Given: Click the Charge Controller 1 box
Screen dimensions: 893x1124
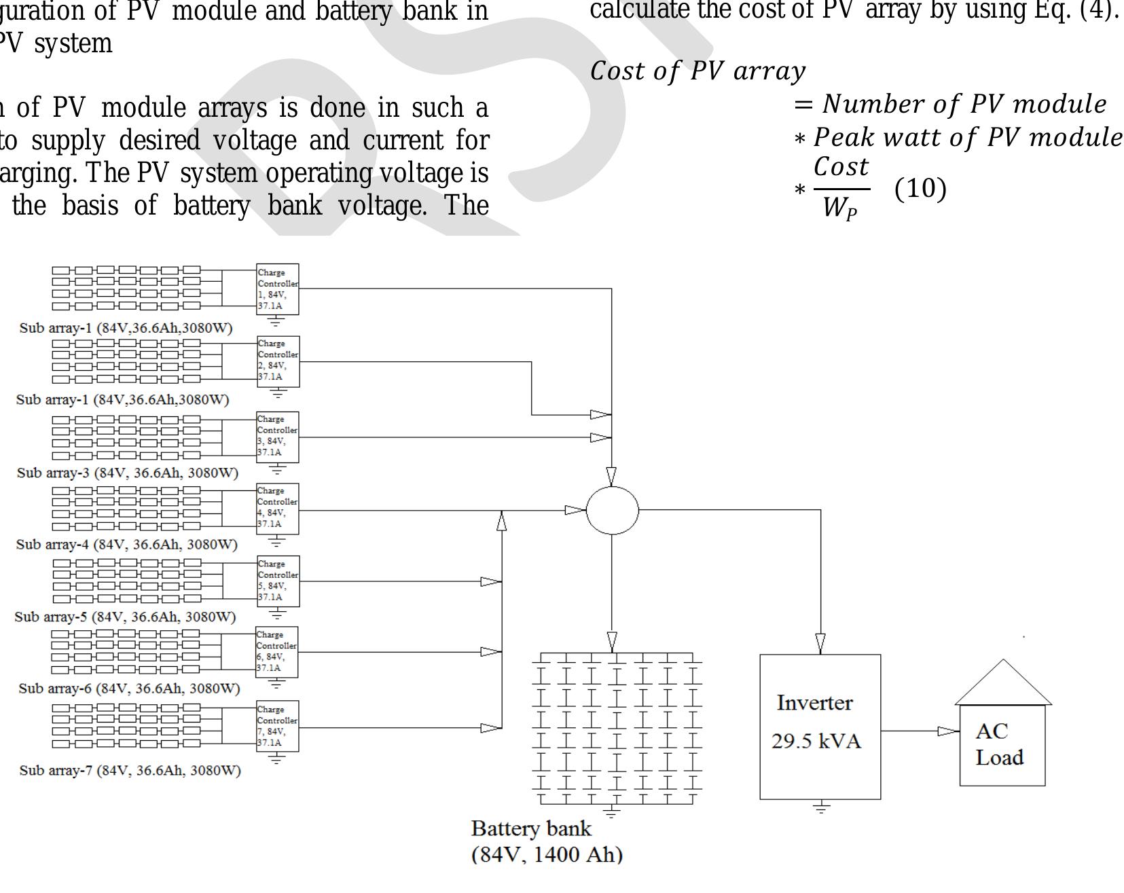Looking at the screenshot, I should coord(278,289).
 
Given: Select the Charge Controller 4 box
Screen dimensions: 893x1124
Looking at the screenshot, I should coord(278,509).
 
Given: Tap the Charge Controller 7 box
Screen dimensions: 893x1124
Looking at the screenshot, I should coord(277,726).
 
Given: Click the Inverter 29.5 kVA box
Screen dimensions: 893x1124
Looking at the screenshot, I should coord(820,726).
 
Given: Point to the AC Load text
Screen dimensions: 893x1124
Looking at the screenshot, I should coord(999,744).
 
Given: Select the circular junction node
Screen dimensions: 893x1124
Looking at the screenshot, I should coord(612,510).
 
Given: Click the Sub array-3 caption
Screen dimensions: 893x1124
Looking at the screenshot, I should coord(128,473).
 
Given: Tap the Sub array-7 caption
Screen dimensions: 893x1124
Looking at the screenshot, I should coord(130,771).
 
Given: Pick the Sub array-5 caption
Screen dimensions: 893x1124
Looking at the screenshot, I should coord(125,617).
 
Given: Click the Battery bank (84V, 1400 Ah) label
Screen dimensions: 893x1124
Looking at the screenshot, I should coord(546,841).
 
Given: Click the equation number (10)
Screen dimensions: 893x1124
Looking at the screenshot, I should coord(920,189).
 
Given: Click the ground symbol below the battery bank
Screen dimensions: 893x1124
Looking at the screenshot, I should coord(611,812).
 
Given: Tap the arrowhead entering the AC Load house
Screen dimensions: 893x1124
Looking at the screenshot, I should coord(948,731).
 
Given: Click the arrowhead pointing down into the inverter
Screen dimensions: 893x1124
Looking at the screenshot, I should coord(820,642).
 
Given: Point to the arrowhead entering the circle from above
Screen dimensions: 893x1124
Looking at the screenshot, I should coord(611,476).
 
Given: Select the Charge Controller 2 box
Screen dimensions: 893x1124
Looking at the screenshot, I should coord(278,361).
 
